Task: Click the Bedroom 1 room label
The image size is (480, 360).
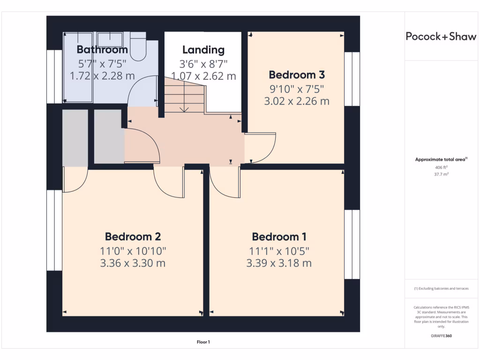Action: [x=279, y=237]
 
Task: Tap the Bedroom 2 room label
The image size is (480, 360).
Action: [x=133, y=237]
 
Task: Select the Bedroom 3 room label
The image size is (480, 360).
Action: [x=297, y=75]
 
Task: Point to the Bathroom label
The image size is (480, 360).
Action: [x=102, y=50]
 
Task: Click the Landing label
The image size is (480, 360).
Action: [x=203, y=50]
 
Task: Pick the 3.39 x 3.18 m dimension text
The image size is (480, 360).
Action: [x=279, y=263]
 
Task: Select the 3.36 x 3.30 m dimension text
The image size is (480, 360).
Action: [x=133, y=263]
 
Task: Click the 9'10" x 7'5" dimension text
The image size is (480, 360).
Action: [x=297, y=89]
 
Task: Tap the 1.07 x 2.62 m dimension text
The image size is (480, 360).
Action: [x=203, y=76]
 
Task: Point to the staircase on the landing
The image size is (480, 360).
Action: [x=184, y=96]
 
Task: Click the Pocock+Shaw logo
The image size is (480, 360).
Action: [x=441, y=37]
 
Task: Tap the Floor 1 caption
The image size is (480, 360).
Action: [x=203, y=342]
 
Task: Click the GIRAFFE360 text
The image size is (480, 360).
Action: [x=441, y=336]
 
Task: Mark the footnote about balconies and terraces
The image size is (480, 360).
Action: [x=441, y=289]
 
